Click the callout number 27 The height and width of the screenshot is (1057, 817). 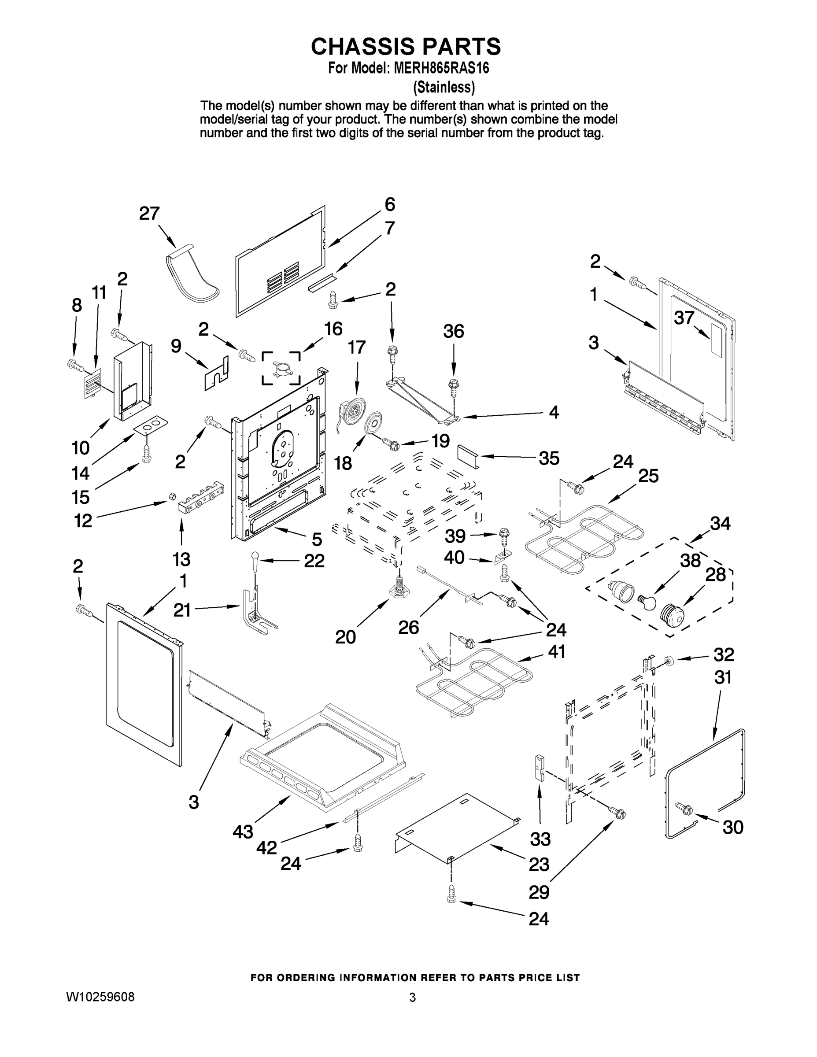click(x=149, y=214)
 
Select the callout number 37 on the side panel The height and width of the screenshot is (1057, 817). click(x=684, y=318)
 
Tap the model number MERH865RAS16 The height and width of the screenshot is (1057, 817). click(x=441, y=68)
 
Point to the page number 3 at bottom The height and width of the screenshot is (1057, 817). click(x=412, y=998)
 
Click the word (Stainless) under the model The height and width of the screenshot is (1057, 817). click(x=444, y=87)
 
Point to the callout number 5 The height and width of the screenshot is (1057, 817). click(x=317, y=539)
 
